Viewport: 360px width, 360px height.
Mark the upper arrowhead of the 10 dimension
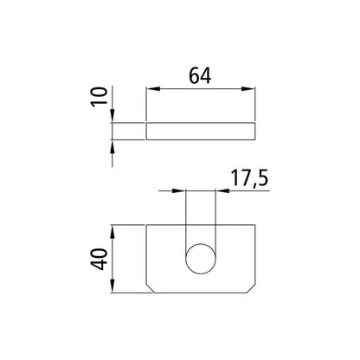coord(113,119)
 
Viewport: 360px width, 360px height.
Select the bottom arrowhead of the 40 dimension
coord(113,286)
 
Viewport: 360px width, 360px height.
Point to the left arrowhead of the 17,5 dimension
coord(182,191)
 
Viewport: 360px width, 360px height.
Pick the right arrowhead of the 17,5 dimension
coord(218,191)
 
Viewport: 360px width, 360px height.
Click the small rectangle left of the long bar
coord(128,132)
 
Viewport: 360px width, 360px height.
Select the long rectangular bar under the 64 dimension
coord(201,132)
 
